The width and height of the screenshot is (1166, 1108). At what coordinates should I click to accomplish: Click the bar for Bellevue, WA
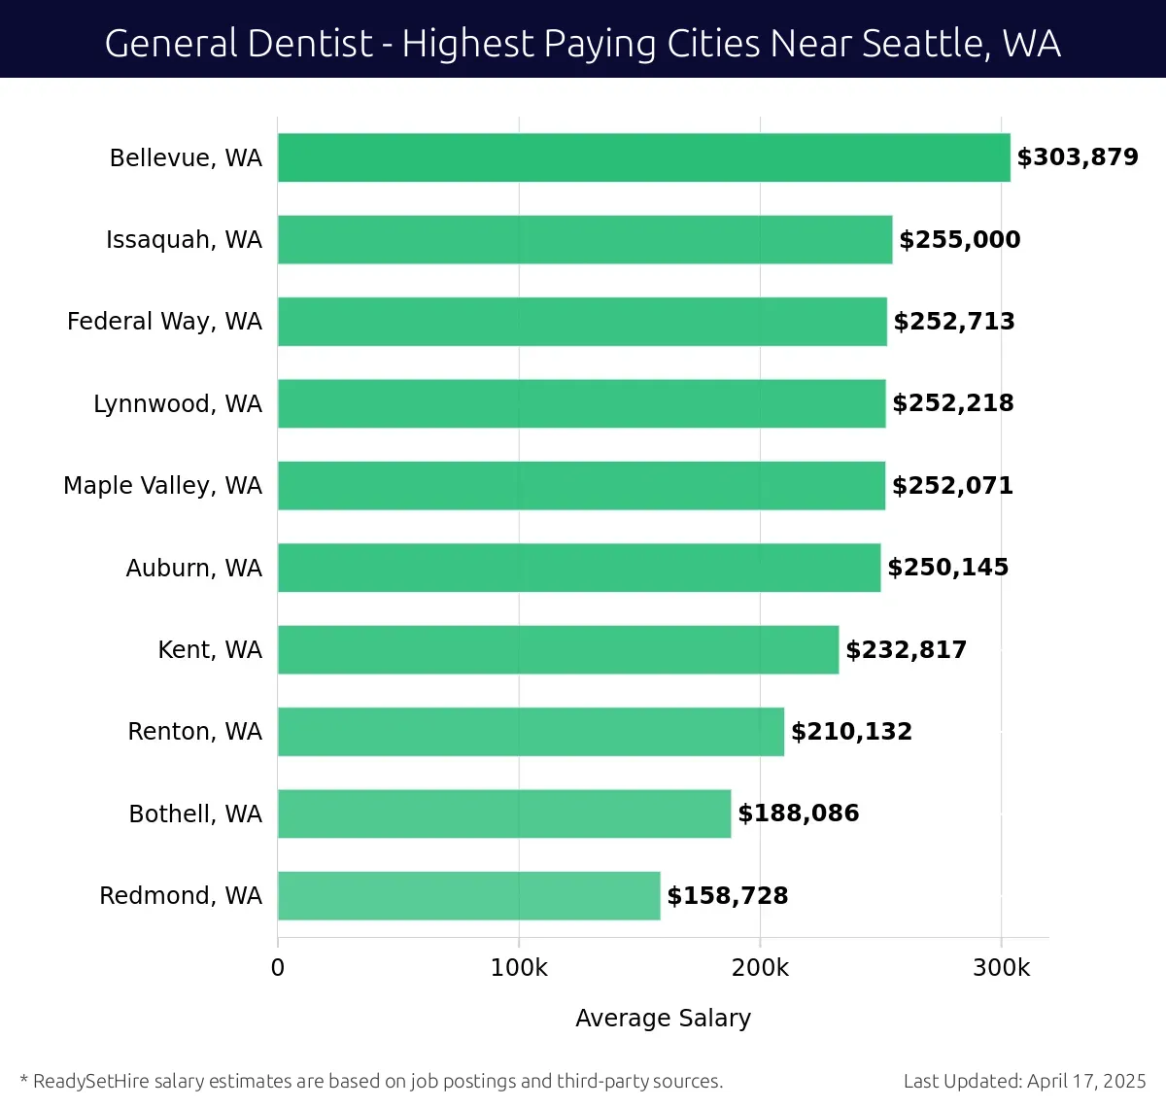643,157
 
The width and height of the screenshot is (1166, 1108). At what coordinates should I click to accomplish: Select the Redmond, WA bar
468,895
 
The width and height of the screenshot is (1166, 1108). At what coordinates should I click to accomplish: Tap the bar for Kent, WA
558,649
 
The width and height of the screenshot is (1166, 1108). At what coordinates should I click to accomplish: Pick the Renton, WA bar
531,732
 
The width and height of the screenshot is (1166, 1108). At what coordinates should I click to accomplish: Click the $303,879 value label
1078,157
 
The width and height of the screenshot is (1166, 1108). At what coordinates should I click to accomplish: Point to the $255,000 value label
960,240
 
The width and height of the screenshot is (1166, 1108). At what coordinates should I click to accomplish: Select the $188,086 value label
799,814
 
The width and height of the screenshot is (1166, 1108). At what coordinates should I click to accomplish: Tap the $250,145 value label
948,568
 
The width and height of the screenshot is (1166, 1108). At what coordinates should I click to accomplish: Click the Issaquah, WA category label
184,240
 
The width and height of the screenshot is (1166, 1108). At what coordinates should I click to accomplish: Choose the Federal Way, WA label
164,322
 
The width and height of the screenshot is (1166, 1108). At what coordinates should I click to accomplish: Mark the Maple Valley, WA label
162,486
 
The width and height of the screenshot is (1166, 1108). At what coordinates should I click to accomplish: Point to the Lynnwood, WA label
178,403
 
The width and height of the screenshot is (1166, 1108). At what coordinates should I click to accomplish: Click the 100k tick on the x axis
519,968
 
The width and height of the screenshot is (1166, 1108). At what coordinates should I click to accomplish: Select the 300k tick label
1001,968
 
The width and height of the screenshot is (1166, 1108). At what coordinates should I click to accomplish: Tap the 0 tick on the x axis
278,968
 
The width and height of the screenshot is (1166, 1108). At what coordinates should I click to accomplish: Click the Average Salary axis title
663,1018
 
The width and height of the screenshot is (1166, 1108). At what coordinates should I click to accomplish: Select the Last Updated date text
1024,1081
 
